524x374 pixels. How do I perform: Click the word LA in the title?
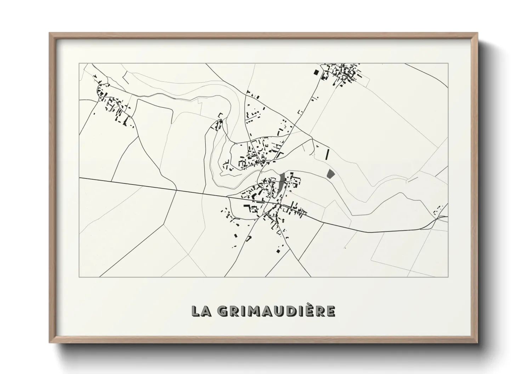point(201,311)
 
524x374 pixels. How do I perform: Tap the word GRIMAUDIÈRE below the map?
point(276,311)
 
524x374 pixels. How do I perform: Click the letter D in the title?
point(291,311)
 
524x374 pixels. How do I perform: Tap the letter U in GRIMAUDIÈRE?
point(279,311)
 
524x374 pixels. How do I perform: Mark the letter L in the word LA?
point(196,311)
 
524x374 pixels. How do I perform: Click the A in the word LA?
point(206,311)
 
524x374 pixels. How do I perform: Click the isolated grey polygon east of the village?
point(331,174)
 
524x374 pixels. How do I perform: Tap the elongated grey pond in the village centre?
point(281,183)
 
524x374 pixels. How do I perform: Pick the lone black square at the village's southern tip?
point(278,251)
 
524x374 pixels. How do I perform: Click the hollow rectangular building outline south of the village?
point(249,239)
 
